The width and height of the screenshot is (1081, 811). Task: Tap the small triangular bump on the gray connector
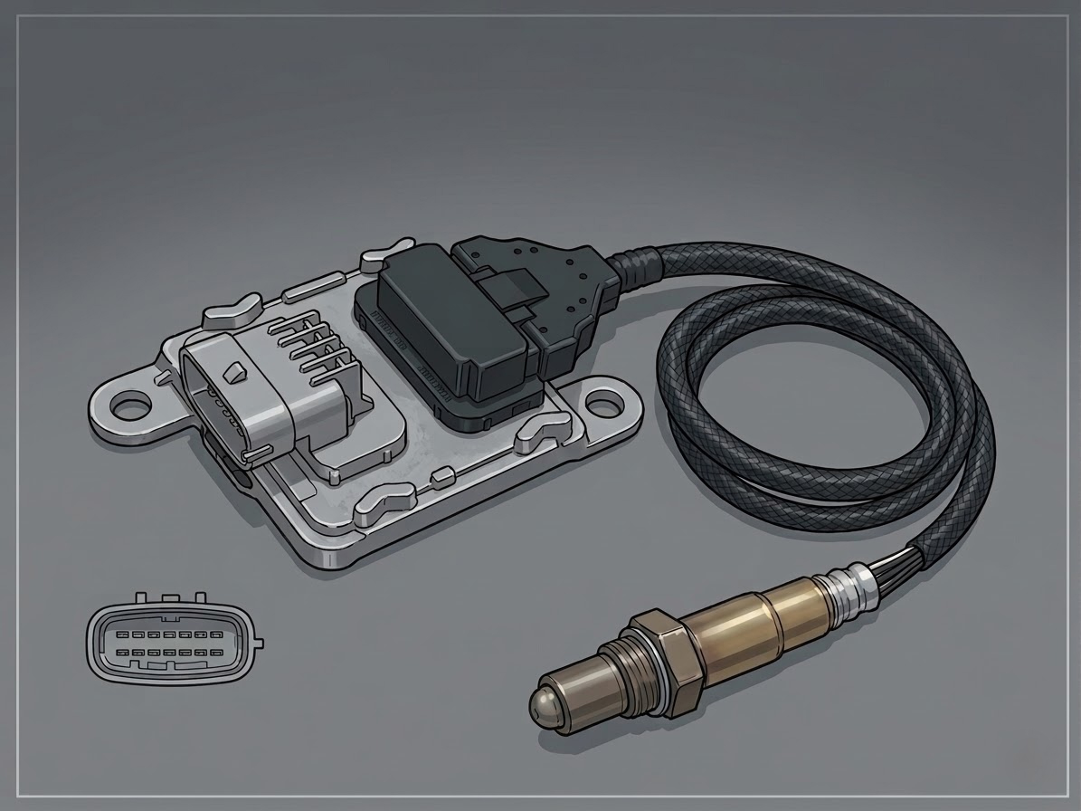[x=236, y=370]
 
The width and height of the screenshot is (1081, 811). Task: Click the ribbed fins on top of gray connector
[x=312, y=348]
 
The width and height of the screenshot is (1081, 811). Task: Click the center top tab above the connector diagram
[x=169, y=598]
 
